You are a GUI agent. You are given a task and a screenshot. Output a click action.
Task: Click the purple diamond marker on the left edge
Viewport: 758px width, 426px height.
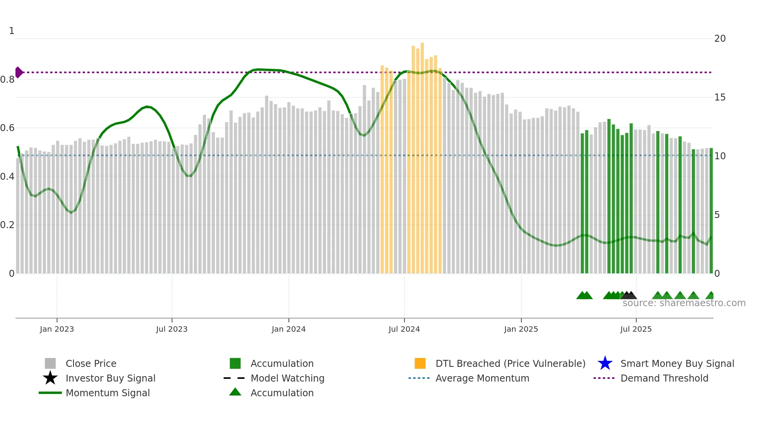pyautogui.click(x=19, y=72)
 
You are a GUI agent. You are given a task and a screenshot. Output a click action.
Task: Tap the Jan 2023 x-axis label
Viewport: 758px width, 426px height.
pyautogui.click(x=57, y=329)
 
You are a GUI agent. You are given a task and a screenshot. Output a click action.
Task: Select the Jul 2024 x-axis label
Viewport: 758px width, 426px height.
pyautogui.click(x=404, y=329)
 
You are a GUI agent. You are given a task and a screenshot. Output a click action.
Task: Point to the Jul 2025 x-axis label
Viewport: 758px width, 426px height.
pyautogui.click(x=636, y=329)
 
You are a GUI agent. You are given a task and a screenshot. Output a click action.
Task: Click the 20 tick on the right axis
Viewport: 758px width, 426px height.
pyautogui.click(x=720, y=39)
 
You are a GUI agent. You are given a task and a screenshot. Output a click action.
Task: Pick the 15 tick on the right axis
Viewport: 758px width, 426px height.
pyautogui.click(x=720, y=97)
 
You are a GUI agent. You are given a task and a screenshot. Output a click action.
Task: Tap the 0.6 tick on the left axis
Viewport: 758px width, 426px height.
pyautogui.click(x=7, y=128)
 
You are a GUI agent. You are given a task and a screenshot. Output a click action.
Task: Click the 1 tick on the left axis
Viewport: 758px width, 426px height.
pyautogui.click(x=12, y=31)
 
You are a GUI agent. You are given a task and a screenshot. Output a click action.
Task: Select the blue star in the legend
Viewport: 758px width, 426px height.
pyautogui.click(x=605, y=363)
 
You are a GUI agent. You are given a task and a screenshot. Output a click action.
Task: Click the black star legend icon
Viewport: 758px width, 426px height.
pyautogui.click(x=50, y=378)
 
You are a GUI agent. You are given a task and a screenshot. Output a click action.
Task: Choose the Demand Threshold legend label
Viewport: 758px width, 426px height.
pyautogui.click(x=664, y=378)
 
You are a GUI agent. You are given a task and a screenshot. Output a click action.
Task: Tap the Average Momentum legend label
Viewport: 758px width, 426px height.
pyautogui.click(x=482, y=378)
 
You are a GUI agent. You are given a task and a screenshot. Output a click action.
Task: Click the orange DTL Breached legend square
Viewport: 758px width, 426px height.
pyautogui.click(x=420, y=363)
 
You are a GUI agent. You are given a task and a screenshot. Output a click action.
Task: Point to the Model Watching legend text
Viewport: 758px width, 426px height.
pyautogui.click(x=287, y=378)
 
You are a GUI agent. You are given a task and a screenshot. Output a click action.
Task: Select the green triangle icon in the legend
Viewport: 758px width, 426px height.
pyautogui.click(x=235, y=392)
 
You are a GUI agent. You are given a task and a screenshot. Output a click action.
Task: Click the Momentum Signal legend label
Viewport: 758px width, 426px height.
pyautogui.click(x=108, y=393)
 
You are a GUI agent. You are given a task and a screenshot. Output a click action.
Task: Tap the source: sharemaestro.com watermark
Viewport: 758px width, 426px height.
pyautogui.click(x=684, y=303)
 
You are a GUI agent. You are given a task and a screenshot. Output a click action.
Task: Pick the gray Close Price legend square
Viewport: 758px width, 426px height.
pyautogui.click(x=50, y=363)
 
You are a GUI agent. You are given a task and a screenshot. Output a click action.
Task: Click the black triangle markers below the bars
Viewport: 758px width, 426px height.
pyautogui.click(x=629, y=295)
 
